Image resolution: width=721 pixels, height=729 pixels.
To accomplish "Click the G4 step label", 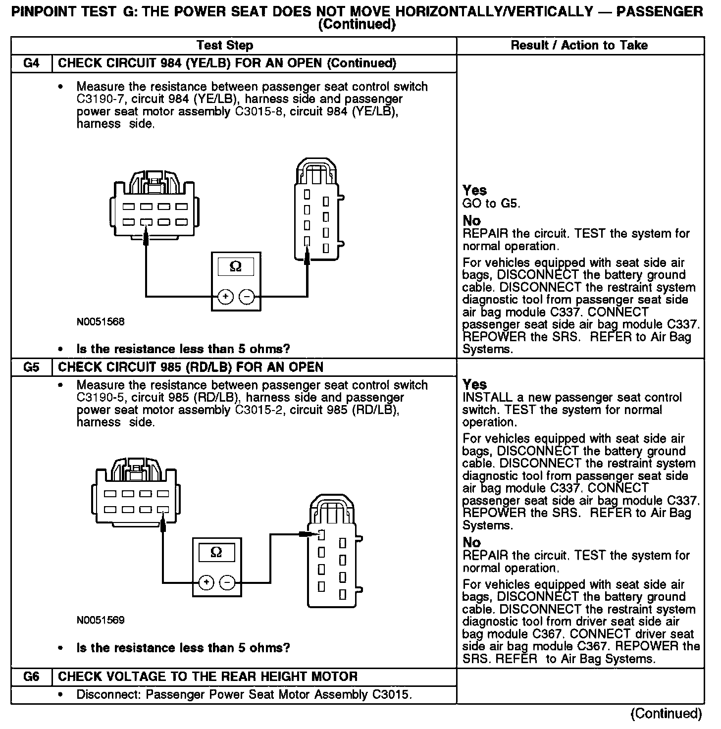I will coord(31,63).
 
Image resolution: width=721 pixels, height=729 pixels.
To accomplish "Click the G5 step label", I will coord(31,367).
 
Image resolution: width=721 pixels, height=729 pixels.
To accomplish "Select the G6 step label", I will coord(31,677).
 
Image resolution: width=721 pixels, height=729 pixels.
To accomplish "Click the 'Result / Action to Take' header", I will coord(579,46).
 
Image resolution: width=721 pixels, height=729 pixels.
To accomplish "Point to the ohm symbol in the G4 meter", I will coord(236,267).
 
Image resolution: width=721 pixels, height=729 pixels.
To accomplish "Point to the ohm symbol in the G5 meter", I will coord(216,552).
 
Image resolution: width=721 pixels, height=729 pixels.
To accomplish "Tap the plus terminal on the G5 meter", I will coord(206,582).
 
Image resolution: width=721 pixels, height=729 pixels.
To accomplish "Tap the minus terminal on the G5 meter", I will coord(227,582).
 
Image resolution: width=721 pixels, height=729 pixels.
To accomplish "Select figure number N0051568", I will coord(101,322).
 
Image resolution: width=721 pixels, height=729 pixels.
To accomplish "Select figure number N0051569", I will coord(101,620).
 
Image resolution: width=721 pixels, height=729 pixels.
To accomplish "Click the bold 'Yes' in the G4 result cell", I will coord(474,191).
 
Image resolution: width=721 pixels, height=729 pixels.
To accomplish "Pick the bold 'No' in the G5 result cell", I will coord(471,543).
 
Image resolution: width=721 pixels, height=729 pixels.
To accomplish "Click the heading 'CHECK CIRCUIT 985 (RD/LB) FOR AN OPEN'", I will coord(191,367).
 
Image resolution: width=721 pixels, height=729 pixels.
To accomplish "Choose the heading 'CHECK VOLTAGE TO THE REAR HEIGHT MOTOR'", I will coord(207,677).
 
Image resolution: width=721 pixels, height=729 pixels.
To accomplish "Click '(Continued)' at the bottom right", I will coord(666,713).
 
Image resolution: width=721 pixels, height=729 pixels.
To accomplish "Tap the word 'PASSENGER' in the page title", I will coord(659,11).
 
